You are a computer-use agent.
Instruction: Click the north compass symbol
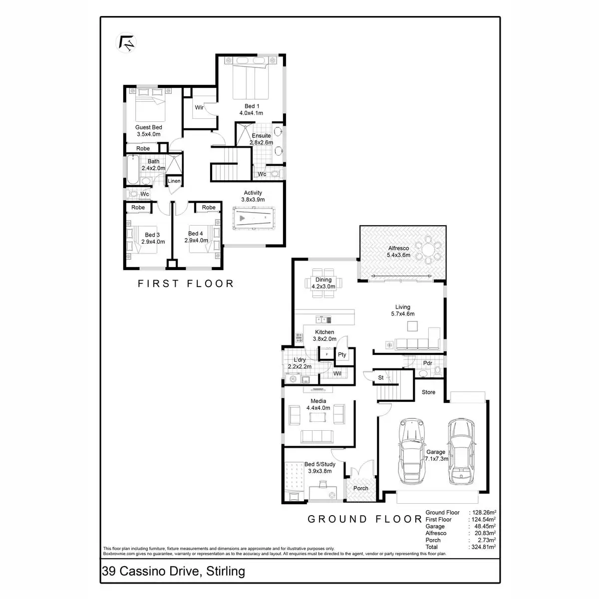tap(126, 42)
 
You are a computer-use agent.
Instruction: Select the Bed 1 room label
tap(252, 106)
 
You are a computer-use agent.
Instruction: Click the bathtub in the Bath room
tap(132, 169)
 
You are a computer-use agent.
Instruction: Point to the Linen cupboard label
tap(174, 181)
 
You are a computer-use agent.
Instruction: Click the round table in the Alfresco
tap(429, 252)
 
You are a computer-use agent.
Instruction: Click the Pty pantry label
tap(342, 355)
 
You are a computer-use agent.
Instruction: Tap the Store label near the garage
tap(428, 392)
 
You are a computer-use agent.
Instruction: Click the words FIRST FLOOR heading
tap(186, 284)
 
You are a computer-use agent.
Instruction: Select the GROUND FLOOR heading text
tap(364, 519)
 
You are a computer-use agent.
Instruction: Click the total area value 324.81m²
tap(482, 547)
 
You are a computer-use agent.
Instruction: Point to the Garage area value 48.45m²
tap(484, 526)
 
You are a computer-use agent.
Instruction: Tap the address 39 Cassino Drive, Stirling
tap(173, 571)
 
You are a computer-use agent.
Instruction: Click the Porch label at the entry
tap(360, 488)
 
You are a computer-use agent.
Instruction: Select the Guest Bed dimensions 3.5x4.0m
tap(148, 134)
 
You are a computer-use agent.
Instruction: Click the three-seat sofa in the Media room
tap(317, 436)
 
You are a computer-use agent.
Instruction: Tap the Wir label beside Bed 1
tap(199, 107)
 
